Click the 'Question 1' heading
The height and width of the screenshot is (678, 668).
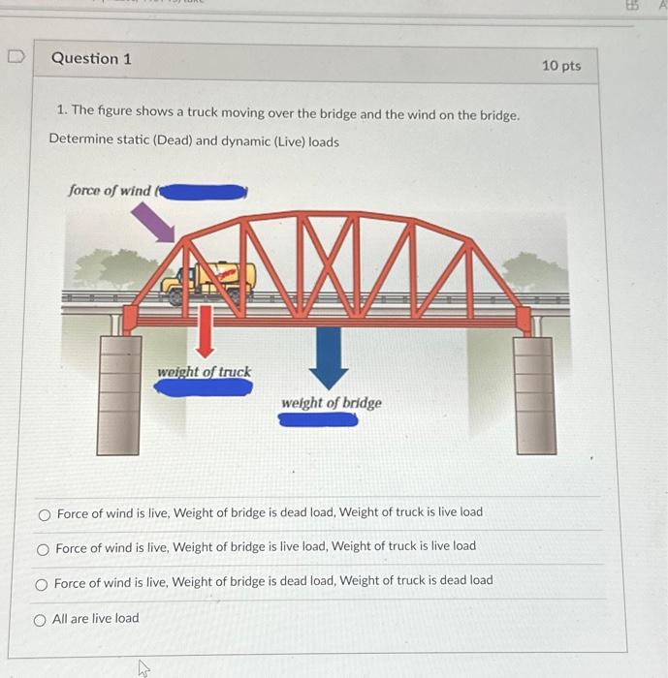[x=91, y=58]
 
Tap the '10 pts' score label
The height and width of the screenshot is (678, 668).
[x=561, y=66]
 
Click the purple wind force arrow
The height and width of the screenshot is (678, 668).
[x=153, y=223]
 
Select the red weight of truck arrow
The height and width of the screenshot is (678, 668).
[x=206, y=331]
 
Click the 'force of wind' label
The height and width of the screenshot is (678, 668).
[x=110, y=190]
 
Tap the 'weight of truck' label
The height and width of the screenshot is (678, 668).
[x=204, y=372]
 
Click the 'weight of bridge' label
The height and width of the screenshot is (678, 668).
[x=332, y=403]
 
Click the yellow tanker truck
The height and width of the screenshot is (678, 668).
[x=208, y=283]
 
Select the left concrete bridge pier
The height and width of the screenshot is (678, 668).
[x=119, y=395]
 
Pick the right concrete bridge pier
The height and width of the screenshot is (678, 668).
[x=535, y=395]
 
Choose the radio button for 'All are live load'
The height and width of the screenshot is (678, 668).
[x=40, y=621]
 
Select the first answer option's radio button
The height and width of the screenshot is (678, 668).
[x=45, y=515]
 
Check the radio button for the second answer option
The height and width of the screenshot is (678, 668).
[x=43, y=549]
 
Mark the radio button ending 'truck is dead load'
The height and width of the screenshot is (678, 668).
[x=41, y=585]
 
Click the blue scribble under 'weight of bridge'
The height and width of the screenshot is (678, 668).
[x=318, y=419]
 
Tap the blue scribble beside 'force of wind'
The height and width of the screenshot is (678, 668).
[x=203, y=192]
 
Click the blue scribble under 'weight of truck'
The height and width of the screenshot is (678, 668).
[x=204, y=387]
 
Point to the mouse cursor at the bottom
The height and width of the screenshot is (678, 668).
[x=143, y=668]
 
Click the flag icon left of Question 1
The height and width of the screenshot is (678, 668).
[x=16, y=56]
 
